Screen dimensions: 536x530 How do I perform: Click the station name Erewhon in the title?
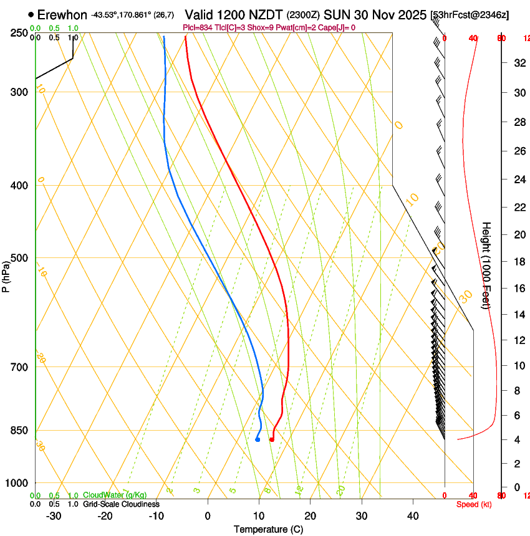click(62, 14)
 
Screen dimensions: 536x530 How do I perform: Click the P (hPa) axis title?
click(6, 274)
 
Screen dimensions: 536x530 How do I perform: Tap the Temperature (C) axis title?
click(269, 529)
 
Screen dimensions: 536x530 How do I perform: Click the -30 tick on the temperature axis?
click(54, 516)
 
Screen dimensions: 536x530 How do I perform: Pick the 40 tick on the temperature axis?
click(412, 516)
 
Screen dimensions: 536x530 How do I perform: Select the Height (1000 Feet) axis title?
click(486, 265)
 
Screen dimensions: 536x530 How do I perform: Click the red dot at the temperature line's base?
click(271, 440)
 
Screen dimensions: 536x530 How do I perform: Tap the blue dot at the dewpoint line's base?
click(258, 440)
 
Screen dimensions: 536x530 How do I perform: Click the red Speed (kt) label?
click(474, 504)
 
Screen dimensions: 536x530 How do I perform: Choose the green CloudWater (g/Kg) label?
click(115, 495)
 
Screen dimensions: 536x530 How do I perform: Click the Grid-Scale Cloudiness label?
click(121, 504)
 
